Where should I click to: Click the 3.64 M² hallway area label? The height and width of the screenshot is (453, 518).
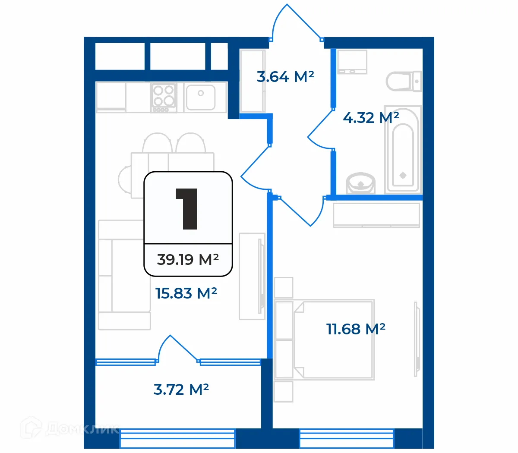click(x=285, y=77)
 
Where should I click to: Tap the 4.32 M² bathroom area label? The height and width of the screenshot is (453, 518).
click(x=371, y=117)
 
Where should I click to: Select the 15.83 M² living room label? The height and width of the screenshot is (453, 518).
click(x=186, y=293)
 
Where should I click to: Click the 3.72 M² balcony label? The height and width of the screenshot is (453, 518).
click(x=181, y=390)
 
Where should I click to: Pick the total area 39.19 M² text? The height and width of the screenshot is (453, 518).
click(x=188, y=259)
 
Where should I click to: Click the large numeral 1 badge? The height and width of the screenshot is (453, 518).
click(x=187, y=209)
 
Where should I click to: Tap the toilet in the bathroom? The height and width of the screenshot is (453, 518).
click(x=404, y=81)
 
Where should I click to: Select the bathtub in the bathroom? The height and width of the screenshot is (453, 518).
click(x=403, y=149)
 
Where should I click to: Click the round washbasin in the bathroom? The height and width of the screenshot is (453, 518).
click(x=361, y=183)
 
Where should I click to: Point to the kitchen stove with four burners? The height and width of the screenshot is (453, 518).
click(x=164, y=97)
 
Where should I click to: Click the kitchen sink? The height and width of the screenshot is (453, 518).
click(x=201, y=97)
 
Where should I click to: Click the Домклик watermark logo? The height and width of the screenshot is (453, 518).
click(x=69, y=428)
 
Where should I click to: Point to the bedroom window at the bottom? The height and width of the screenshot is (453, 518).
click(x=347, y=438)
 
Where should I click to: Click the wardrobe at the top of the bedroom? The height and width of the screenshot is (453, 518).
click(x=376, y=215)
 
